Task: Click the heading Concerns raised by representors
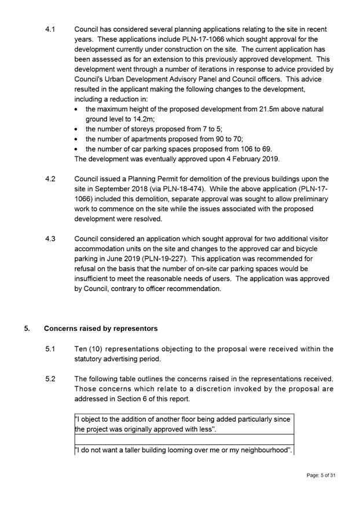(x=101, y=329)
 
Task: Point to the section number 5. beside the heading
(x=27, y=329)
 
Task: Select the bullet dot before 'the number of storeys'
(x=78, y=129)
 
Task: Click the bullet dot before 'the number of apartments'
(x=78, y=139)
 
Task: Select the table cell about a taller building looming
(x=183, y=449)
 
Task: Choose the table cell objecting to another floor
(x=183, y=424)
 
